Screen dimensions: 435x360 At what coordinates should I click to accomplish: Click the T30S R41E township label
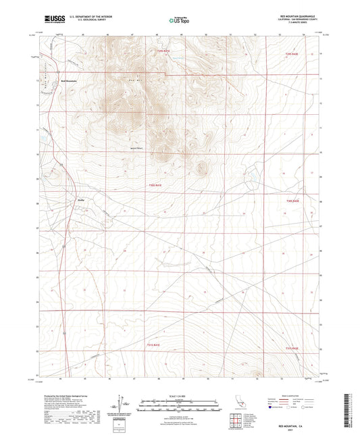tap(155, 184)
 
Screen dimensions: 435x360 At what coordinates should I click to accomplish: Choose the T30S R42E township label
tap(292, 201)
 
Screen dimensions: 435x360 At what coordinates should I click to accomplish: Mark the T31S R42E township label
tap(291, 349)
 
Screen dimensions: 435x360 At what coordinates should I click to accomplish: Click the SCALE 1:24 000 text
tap(179, 396)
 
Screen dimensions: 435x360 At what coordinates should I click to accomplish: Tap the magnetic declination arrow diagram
tap(123, 403)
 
